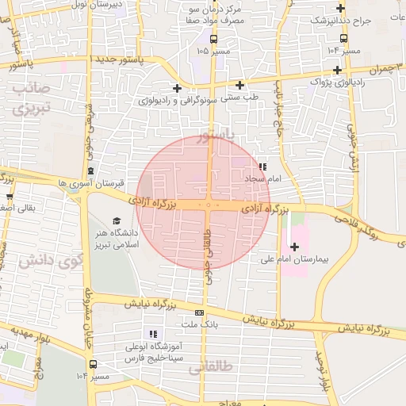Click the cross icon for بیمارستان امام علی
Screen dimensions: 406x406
click(x=295, y=247)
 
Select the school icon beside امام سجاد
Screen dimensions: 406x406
click(x=262, y=167)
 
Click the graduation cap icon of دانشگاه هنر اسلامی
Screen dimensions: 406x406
click(x=117, y=221)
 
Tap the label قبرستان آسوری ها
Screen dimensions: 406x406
click(x=92, y=182)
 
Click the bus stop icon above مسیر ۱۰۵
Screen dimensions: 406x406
click(x=213, y=38)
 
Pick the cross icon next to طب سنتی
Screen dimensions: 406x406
click(x=239, y=85)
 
